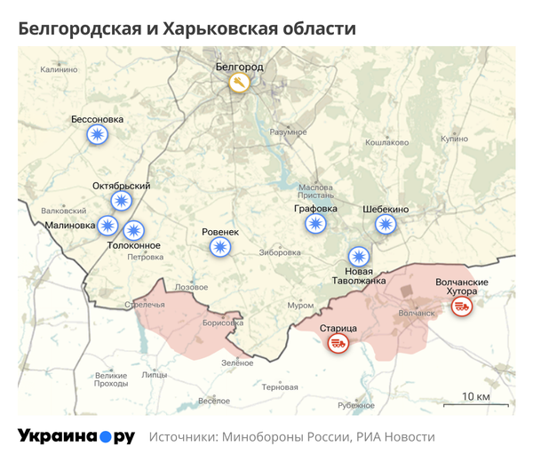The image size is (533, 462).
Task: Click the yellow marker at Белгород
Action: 239,84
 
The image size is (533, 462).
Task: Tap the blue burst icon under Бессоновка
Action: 97,135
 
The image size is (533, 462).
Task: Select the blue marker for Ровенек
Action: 220,248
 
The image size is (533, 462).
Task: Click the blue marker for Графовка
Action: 314,224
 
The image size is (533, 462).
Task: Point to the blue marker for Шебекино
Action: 386,224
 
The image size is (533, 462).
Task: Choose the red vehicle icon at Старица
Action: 338,343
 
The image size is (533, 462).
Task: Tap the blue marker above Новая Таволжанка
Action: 359,256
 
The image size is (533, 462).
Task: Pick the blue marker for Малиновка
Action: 107,226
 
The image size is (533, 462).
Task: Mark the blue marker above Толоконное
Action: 133,229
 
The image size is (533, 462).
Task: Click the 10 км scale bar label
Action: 475,395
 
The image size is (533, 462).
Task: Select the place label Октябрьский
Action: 121,186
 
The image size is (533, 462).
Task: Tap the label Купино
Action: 453,139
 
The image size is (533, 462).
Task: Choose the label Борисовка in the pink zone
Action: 222,323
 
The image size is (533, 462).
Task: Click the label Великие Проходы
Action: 111,379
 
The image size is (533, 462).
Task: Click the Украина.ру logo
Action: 76,436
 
